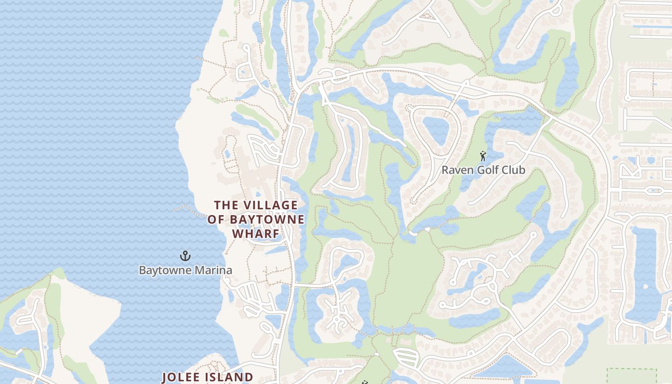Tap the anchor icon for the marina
tap(185, 256)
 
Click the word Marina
tap(213, 270)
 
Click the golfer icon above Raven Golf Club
tap(483, 156)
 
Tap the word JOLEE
tap(183, 377)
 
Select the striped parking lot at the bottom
tap(405, 357)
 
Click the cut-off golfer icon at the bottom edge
tap(365, 383)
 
